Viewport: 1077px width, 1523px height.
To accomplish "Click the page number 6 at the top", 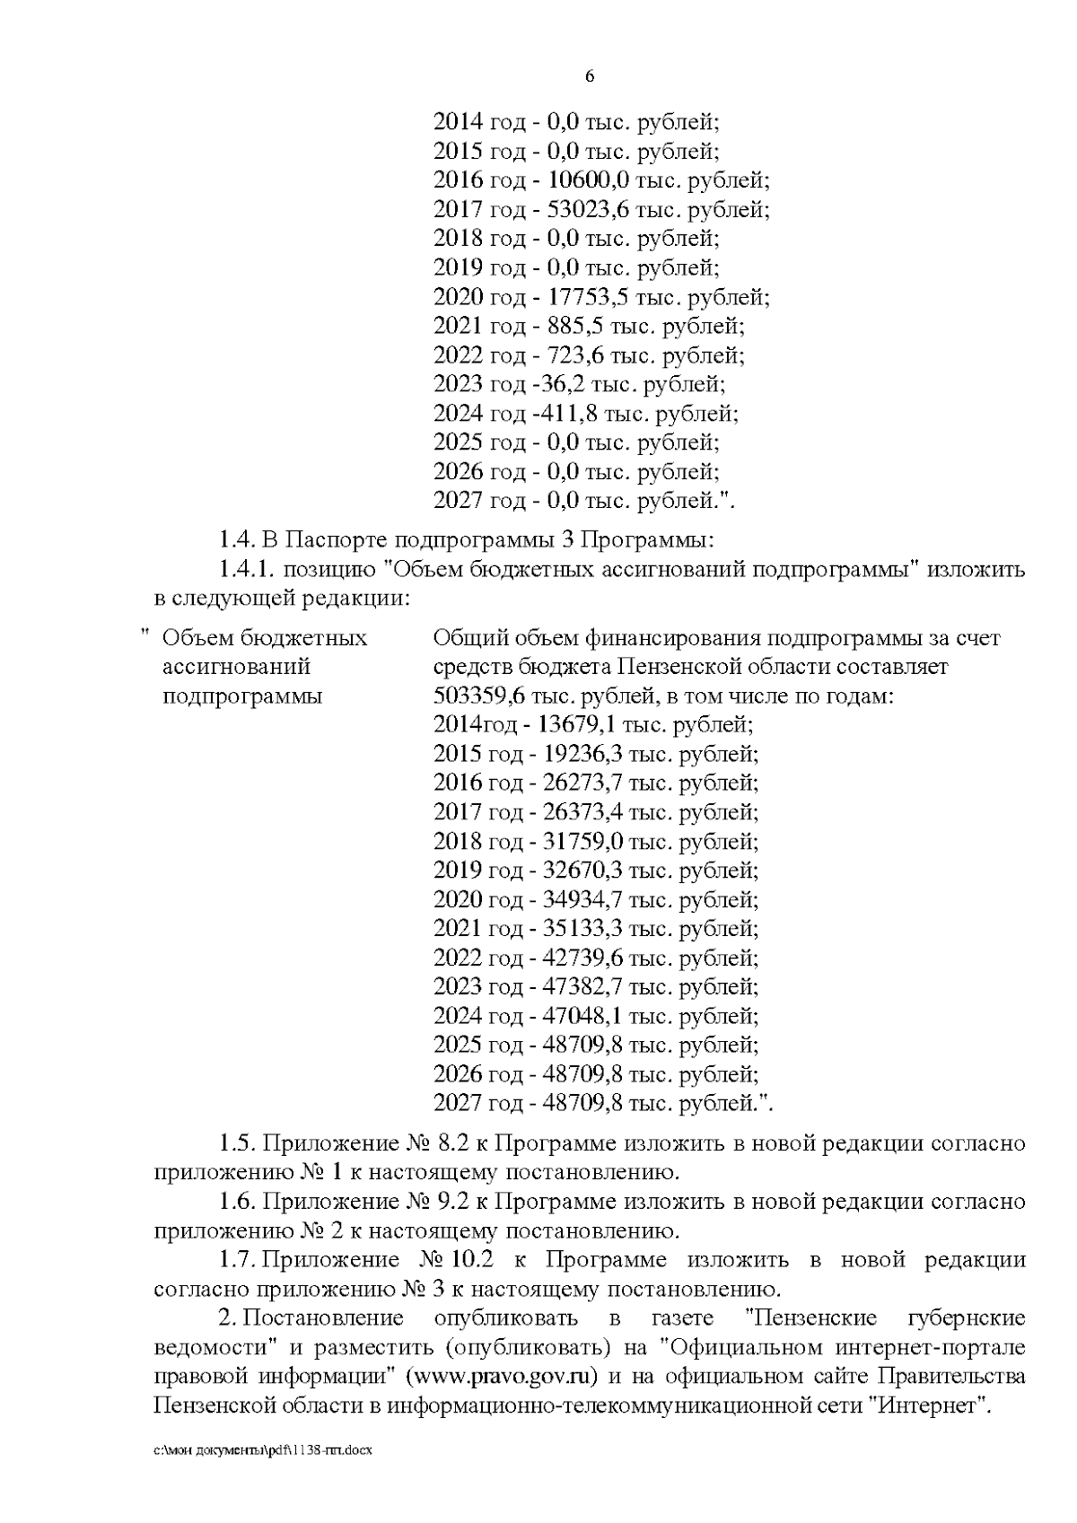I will click(590, 77).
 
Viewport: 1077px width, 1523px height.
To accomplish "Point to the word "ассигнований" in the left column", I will click(235, 667).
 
